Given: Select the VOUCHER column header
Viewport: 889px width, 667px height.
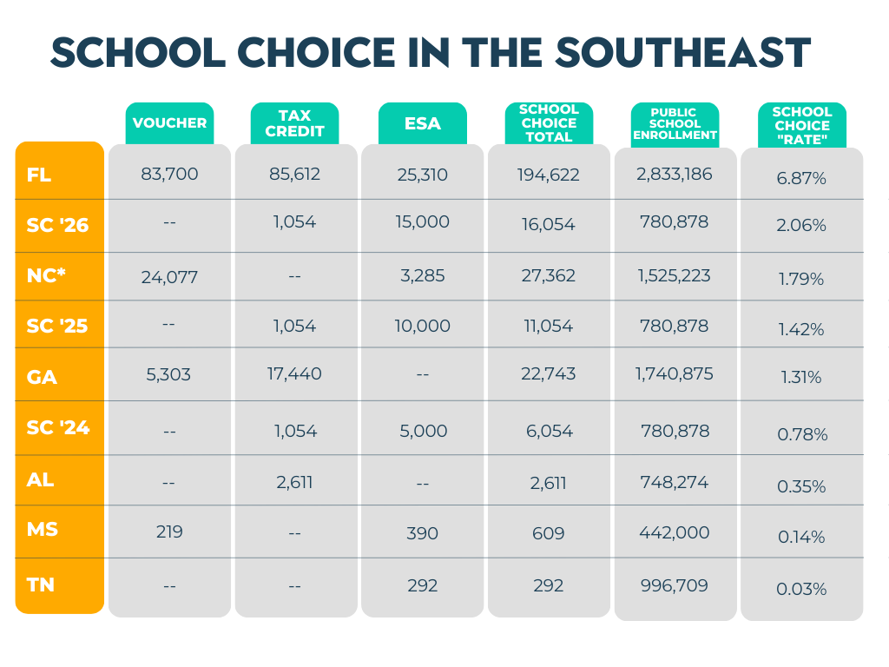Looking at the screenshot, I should [169, 122].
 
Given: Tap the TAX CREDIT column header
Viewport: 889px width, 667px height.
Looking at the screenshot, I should [294, 123].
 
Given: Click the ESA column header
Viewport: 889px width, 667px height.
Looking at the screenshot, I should [423, 123].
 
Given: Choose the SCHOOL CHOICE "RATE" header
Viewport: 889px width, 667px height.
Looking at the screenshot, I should [802, 125].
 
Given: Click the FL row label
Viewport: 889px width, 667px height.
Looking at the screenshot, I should [39, 175].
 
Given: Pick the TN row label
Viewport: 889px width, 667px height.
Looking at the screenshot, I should [41, 585].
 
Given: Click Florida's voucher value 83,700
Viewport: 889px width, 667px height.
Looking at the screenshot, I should [169, 174].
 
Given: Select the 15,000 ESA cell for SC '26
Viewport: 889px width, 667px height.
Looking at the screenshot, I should [423, 222].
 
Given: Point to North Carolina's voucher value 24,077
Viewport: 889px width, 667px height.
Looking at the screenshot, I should [169, 278].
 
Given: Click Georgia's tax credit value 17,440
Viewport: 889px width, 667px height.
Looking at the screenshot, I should [294, 374].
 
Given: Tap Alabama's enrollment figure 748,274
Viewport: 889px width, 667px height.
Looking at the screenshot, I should [675, 481].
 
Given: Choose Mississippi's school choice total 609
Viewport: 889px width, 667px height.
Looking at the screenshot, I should [549, 533].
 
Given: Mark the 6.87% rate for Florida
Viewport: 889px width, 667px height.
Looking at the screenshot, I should [801, 178].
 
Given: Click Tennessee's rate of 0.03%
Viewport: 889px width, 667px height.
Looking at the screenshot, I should [801, 589].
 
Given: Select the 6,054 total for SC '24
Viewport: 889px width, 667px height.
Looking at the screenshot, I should [549, 431].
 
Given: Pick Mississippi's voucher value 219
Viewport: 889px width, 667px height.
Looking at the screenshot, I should [169, 532].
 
